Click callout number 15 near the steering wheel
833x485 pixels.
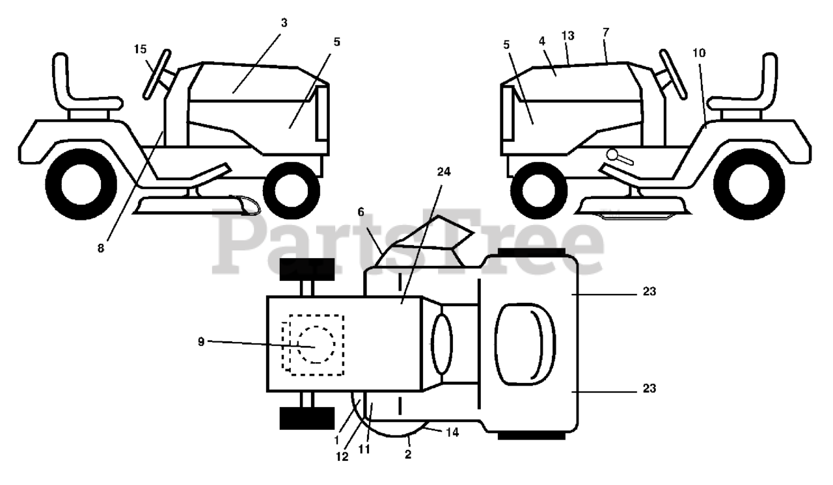[x=141, y=49]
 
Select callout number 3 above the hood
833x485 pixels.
[x=284, y=23]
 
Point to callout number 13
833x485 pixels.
[x=568, y=36]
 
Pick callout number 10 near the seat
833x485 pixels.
[x=698, y=52]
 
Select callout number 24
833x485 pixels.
[x=444, y=171]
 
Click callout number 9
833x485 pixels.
[x=201, y=341]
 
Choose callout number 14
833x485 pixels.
[x=452, y=432]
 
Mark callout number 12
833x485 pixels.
[x=342, y=456]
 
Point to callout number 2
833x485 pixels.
[x=408, y=454]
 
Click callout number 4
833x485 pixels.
[x=541, y=40]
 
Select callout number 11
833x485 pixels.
[x=364, y=449]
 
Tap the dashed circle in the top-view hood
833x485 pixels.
[x=316, y=345]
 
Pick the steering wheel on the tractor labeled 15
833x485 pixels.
[x=157, y=73]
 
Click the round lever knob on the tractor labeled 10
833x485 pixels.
[x=612, y=155]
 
